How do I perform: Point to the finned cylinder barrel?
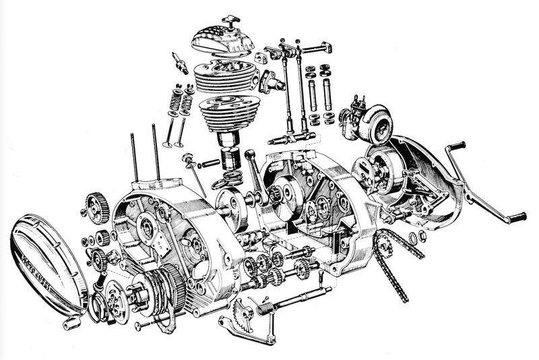coord(230,115)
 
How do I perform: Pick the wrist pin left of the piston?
coord(208,163)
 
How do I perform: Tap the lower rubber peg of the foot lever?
coord(516,217)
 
